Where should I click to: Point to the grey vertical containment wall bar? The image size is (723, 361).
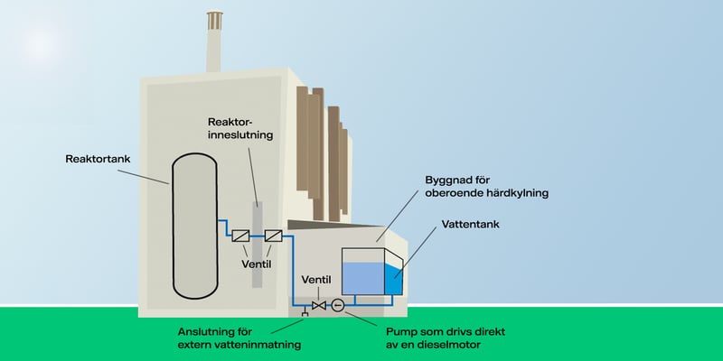tap(257, 262)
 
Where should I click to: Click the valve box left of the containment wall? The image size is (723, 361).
tap(241, 236)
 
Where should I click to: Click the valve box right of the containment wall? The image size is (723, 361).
tap(273, 236)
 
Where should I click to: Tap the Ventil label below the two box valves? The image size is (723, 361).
tap(257, 265)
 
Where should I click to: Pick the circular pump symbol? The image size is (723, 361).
tap(338, 306)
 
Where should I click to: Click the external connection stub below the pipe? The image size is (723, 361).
tap(304, 312)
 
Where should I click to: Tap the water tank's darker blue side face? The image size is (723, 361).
tap(393, 280)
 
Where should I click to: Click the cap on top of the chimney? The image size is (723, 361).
tap(215, 17)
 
